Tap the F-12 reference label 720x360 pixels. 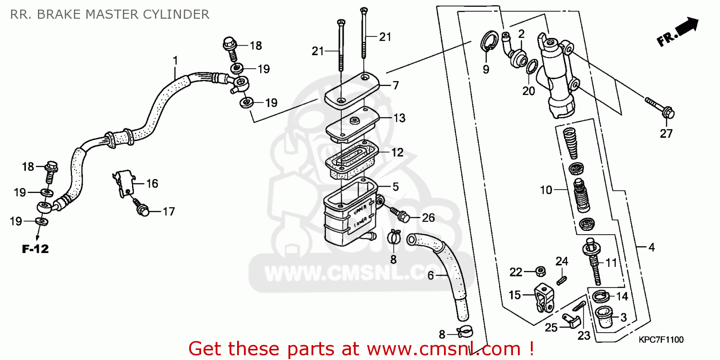[x=35, y=249]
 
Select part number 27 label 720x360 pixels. [x=666, y=134]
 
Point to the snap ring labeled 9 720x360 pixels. [x=488, y=41]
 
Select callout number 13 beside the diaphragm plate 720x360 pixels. [x=399, y=118]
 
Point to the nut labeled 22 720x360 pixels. [x=540, y=272]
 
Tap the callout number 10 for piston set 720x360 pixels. [x=546, y=190]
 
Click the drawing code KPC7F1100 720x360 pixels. [x=660, y=339]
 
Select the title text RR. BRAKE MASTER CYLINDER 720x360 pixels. [x=109, y=14]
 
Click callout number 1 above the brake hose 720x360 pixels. [x=175, y=60]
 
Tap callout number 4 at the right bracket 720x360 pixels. [x=651, y=248]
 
